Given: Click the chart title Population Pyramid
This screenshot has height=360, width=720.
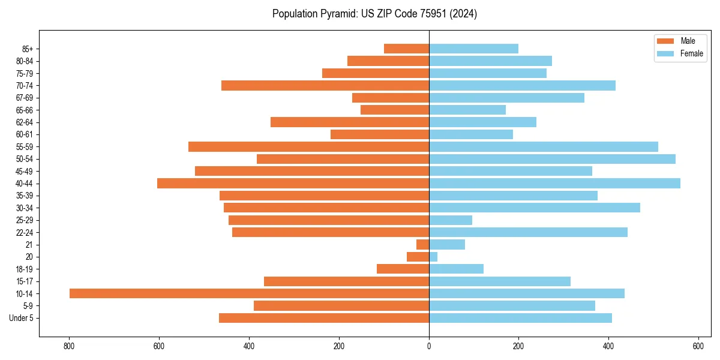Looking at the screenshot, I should click(x=374, y=14).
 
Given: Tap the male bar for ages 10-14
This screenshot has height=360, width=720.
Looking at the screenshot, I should click(x=249, y=293).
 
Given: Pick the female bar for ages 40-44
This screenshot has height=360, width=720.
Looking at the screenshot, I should click(x=554, y=183).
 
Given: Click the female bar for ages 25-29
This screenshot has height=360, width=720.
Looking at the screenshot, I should click(x=451, y=220).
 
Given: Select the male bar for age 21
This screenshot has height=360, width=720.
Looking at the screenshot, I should click(x=422, y=244).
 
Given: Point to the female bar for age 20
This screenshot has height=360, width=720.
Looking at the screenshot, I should click(x=433, y=257).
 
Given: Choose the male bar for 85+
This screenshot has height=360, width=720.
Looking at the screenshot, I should click(x=406, y=49).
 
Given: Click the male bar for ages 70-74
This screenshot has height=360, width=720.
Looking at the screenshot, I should click(x=325, y=85).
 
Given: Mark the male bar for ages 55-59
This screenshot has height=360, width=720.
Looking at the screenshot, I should click(x=308, y=146).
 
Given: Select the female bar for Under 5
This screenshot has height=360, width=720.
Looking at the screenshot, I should click(x=520, y=318).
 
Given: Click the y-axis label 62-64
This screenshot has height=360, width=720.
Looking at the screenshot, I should click(x=24, y=122).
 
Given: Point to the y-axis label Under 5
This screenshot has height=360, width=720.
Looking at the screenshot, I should click(x=21, y=318).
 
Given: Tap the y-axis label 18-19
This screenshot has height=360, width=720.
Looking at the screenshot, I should click(x=24, y=269).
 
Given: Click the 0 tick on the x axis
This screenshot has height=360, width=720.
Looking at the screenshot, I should click(x=429, y=346).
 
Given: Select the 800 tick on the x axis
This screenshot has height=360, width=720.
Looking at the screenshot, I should click(x=70, y=346).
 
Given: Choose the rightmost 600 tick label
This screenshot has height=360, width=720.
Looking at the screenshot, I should click(x=698, y=346).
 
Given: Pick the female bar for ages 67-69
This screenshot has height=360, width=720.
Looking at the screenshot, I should click(x=506, y=98).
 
